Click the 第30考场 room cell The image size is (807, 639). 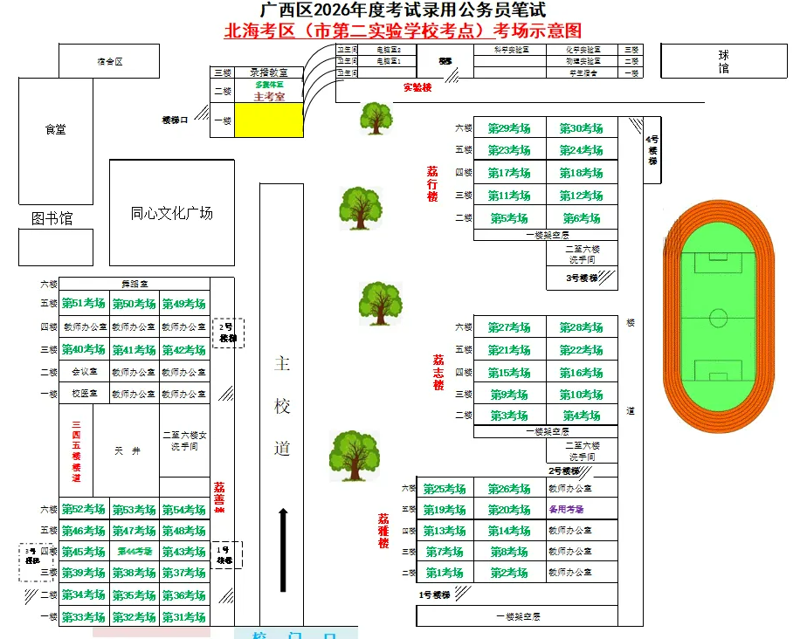[582, 128]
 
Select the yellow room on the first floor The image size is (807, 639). [268, 120]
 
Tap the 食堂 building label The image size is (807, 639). [56, 129]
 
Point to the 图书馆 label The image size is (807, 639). [52, 218]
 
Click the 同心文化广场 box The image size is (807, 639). [171, 212]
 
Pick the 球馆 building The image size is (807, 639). [723, 61]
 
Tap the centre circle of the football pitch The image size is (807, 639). [718, 316]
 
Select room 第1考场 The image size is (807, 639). [445, 573]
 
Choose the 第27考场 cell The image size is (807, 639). [509, 327]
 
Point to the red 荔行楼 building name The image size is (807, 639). [432, 183]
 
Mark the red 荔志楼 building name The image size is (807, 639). [438, 372]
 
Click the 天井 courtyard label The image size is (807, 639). [127, 450]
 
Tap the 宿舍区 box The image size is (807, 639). [109, 61]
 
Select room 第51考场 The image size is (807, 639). [84, 304]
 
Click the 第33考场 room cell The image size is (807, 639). [84, 617]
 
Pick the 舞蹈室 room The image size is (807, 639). [134, 284]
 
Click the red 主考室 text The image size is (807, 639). [269, 96]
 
